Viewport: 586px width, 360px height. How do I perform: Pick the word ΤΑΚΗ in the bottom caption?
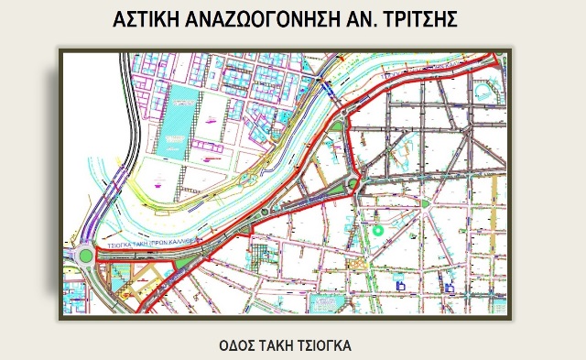[283, 346]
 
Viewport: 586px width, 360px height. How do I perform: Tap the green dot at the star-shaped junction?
[426, 203]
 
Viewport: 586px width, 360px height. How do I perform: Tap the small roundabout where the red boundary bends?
[353, 186]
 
